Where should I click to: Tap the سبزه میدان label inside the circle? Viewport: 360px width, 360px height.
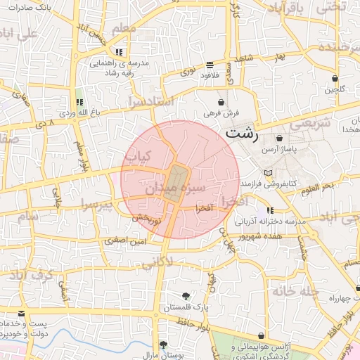tap(174, 188)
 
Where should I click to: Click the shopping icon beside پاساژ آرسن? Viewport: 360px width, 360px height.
tap(281, 139)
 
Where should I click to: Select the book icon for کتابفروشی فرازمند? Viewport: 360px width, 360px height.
tap(266, 172)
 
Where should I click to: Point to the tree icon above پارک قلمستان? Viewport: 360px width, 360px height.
tap(185, 296)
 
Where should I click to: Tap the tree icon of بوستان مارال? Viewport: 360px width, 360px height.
tap(163, 345)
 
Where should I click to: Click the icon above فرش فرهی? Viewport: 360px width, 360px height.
tap(221, 101)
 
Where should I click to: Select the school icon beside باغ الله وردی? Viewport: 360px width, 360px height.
tap(79, 103)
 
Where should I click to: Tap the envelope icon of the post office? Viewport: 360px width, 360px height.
tap(22, 312)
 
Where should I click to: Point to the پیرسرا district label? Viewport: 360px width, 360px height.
tap(96, 206)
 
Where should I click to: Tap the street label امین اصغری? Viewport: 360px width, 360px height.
tap(127, 241)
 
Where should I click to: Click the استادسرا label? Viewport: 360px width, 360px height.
tap(150, 103)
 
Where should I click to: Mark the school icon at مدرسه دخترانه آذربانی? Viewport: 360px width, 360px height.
tap(270, 210)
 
